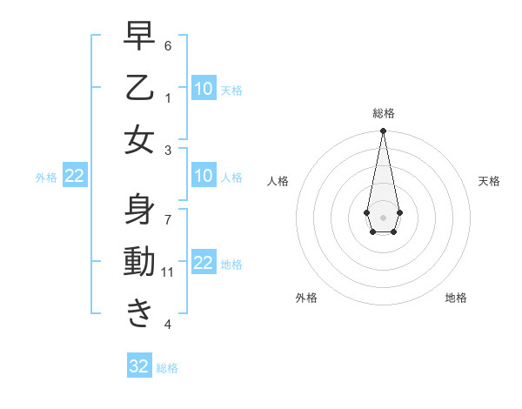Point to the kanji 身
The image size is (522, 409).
point(139,210)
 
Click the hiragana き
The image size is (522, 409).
point(139,313)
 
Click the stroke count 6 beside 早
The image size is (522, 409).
point(168,45)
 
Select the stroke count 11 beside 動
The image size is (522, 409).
point(168,272)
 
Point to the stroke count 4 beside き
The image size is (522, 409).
point(168,325)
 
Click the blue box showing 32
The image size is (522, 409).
point(139,366)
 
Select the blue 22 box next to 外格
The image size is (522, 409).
point(74,177)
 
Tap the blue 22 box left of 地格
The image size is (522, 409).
point(203,264)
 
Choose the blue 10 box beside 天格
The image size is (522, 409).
point(203,89)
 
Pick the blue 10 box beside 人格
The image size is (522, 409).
point(203,177)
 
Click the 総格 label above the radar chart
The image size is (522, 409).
point(383,113)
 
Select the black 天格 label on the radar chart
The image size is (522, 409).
point(489,181)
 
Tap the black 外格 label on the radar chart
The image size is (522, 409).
point(306,298)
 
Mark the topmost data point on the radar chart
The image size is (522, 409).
point(383,131)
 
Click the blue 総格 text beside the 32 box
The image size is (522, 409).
point(167,368)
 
